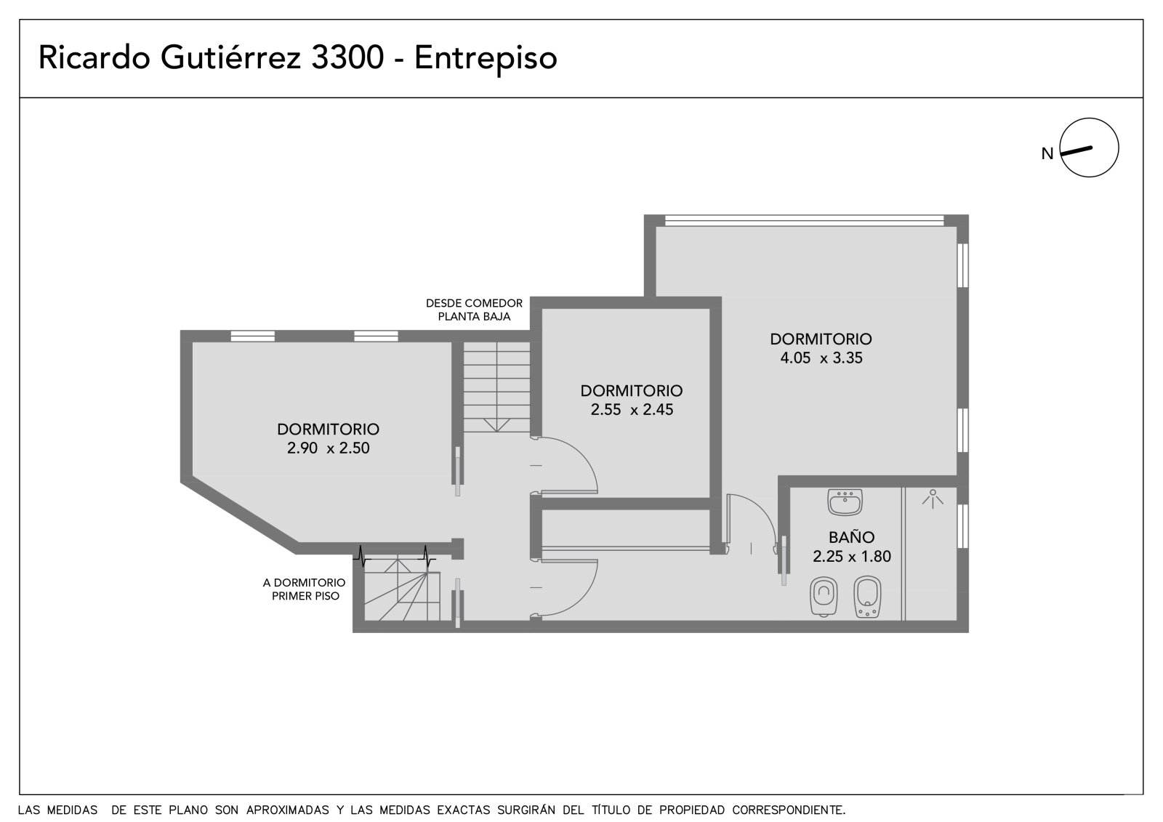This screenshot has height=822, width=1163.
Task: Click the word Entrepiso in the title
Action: coord(486,57)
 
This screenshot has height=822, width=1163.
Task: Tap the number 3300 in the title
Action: coord(347,57)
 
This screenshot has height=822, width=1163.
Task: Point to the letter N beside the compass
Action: coord(1047,153)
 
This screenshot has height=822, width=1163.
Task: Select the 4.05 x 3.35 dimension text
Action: coord(821,358)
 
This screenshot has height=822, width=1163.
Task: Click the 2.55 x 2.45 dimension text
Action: coord(632,410)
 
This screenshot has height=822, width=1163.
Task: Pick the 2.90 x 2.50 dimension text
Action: coord(328,448)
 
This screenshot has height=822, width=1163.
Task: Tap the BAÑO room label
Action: coord(851,537)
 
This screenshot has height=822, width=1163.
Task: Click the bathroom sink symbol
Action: coord(845,501)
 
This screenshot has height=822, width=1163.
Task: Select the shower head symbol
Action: coord(933,499)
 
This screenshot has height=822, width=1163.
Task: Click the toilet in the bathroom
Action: coord(824,597)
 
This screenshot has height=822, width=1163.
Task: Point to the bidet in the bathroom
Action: coord(867,597)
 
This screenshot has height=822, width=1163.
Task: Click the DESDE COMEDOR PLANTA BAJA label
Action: coord(474,310)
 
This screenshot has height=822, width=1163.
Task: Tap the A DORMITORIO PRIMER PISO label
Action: coord(305,589)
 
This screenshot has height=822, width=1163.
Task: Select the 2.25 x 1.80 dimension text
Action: coord(852,556)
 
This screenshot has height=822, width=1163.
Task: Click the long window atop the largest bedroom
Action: coord(804,220)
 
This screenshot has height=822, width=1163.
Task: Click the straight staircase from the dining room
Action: coord(496,387)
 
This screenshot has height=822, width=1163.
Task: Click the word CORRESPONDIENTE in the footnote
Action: coord(789,810)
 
